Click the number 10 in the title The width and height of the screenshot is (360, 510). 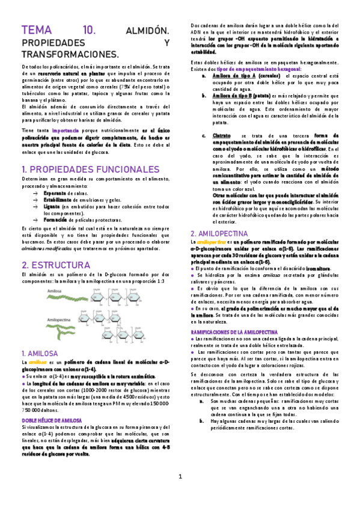point(89,30)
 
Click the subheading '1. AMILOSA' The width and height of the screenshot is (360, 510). point(39,352)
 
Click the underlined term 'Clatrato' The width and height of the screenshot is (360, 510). point(222,137)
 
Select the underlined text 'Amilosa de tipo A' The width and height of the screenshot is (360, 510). point(235,76)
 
